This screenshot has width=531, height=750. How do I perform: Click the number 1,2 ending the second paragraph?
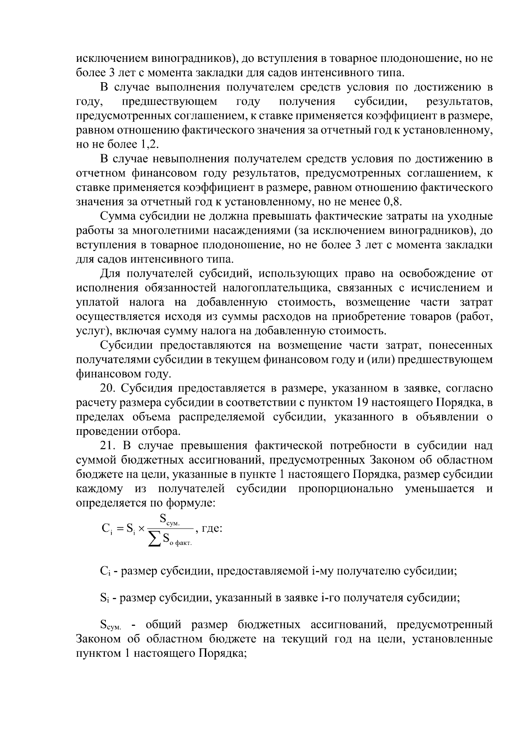tap(150, 145)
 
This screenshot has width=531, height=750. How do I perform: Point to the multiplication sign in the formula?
tap(141, 529)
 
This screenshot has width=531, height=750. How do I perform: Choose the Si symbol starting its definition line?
tap(104, 598)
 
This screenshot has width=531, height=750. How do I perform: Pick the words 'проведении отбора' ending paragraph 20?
tap(128, 431)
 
